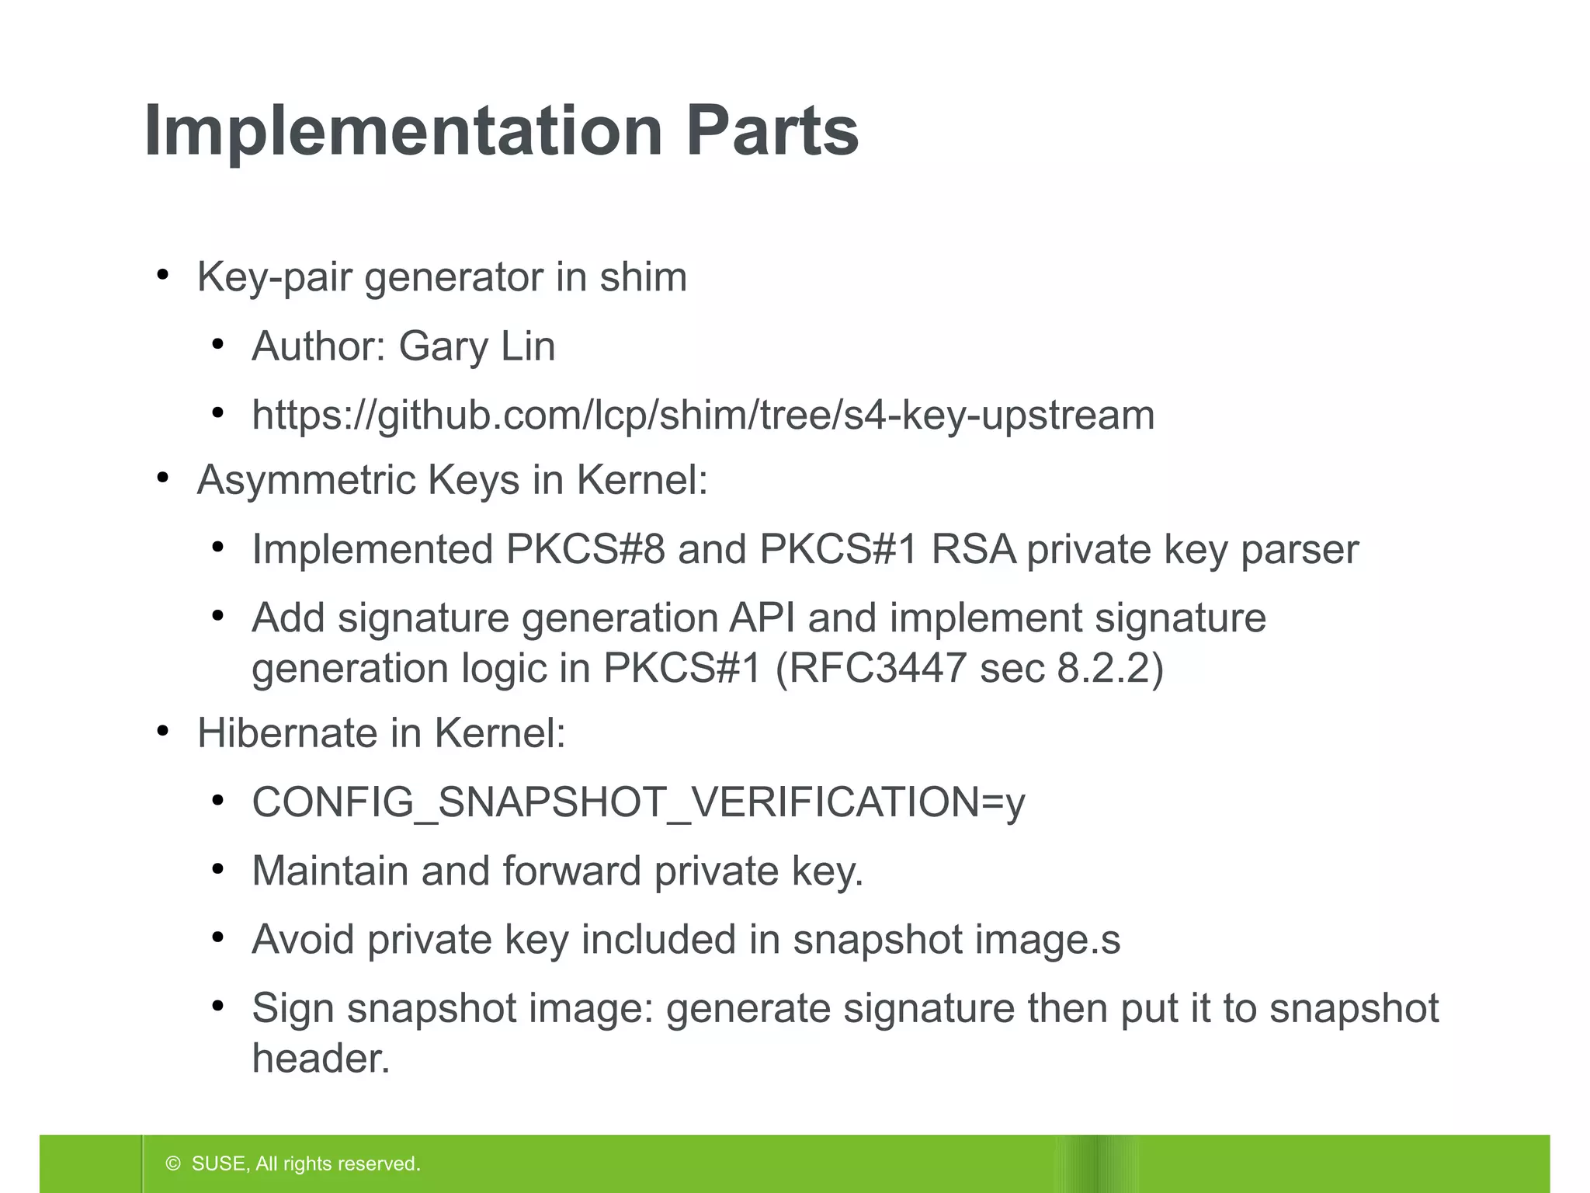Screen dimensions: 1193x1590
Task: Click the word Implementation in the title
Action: (402, 131)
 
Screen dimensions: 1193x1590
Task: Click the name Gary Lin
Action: (477, 346)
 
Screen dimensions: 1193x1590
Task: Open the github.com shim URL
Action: (703, 416)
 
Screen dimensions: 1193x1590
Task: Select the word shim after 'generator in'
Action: (643, 277)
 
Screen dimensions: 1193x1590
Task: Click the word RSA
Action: (973, 550)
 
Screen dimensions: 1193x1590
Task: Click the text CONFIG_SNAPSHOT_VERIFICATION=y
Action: (638, 802)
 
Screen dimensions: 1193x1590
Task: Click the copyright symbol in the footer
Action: (173, 1163)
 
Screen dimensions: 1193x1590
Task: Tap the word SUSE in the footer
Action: (219, 1163)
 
